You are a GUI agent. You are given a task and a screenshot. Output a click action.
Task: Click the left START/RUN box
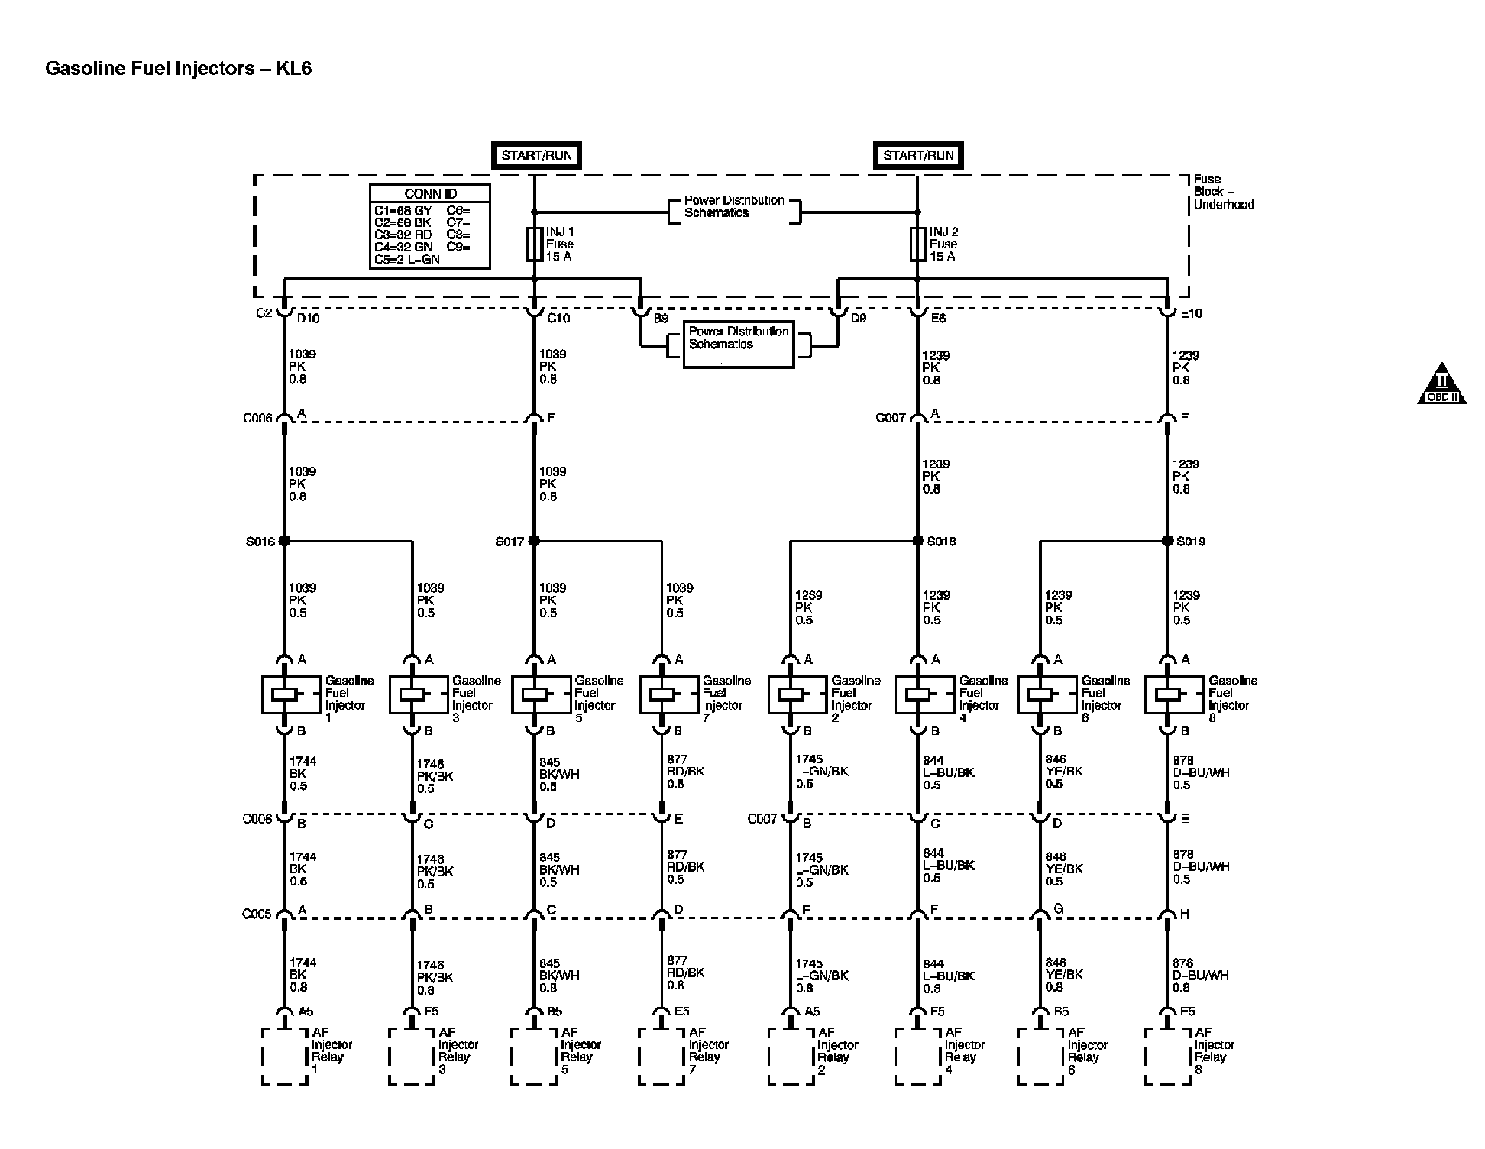click(x=536, y=155)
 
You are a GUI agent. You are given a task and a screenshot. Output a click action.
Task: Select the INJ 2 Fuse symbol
click(x=917, y=244)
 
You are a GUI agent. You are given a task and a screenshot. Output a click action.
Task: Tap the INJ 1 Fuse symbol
click(x=534, y=244)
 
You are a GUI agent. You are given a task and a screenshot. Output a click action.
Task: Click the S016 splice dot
click(x=284, y=541)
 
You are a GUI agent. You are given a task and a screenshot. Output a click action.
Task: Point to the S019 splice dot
click(x=1167, y=541)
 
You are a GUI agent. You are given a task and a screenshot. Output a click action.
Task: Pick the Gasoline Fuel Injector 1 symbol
click(x=291, y=694)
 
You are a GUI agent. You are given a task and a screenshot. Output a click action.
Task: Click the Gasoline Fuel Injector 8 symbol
click(x=1174, y=694)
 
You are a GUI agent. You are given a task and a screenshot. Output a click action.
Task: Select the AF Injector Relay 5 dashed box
click(x=534, y=1057)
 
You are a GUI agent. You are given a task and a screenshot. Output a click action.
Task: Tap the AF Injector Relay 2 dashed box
click(x=791, y=1057)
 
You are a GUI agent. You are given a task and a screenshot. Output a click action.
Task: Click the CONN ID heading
click(x=430, y=194)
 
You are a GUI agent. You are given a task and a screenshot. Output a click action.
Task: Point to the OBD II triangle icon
click(x=1441, y=384)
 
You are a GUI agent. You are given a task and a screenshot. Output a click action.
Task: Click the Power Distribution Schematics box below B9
click(x=738, y=345)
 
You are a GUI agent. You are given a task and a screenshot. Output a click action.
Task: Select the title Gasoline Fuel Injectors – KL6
click(x=179, y=69)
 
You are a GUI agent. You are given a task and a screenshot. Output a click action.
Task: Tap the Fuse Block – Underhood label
click(x=1223, y=192)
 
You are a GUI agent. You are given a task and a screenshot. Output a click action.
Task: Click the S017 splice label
click(x=510, y=542)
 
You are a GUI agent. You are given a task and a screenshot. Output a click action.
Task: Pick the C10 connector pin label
click(x=558, y=318)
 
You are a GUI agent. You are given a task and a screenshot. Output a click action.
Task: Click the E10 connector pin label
click(x=1191, y=313)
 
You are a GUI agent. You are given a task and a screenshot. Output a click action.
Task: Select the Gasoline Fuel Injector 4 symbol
click(x=924, y=694)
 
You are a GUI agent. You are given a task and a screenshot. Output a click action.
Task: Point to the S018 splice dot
click(x=917, y=541)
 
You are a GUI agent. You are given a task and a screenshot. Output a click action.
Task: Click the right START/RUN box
click(x=918, y=155)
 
